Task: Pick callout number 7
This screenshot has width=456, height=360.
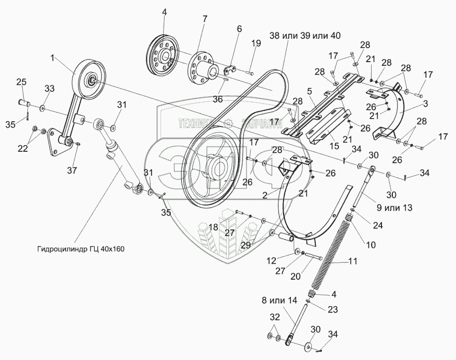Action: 205,19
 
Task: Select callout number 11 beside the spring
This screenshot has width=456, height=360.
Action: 353,262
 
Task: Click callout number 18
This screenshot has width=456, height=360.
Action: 213,227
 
